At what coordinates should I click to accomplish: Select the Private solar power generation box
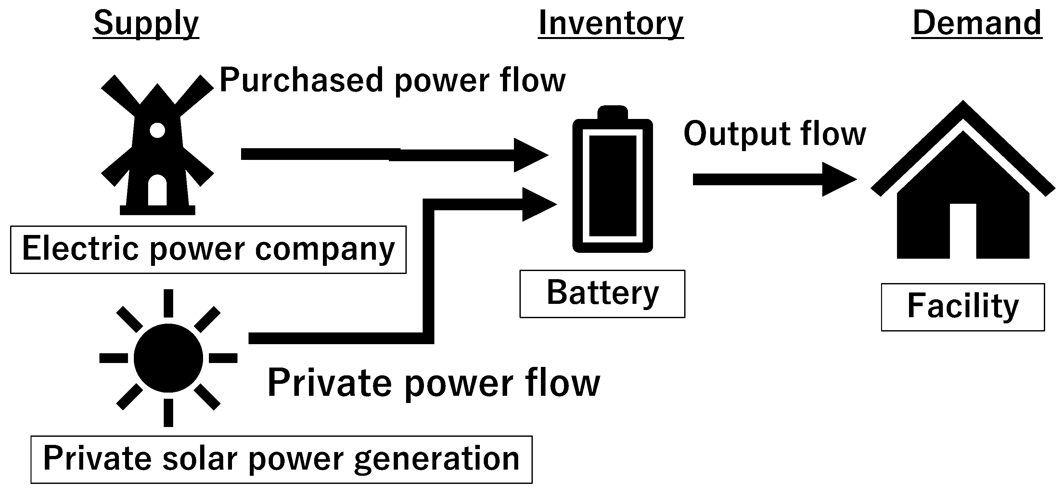pyautogui.click(x=281, y=459)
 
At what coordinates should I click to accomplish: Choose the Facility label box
pyautogui.click(x=963, y=307)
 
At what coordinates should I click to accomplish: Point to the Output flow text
pyautogui.click(x=775, y=134)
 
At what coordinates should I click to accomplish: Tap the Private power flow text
pyautogui.click(x=433, y=383)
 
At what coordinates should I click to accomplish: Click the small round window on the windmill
pyautogui.click(x=157, y=130)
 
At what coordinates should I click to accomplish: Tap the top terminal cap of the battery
pyautogui.click(x=612, y=112)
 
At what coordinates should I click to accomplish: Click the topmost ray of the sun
pyautogui.click(x=168, y=303)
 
